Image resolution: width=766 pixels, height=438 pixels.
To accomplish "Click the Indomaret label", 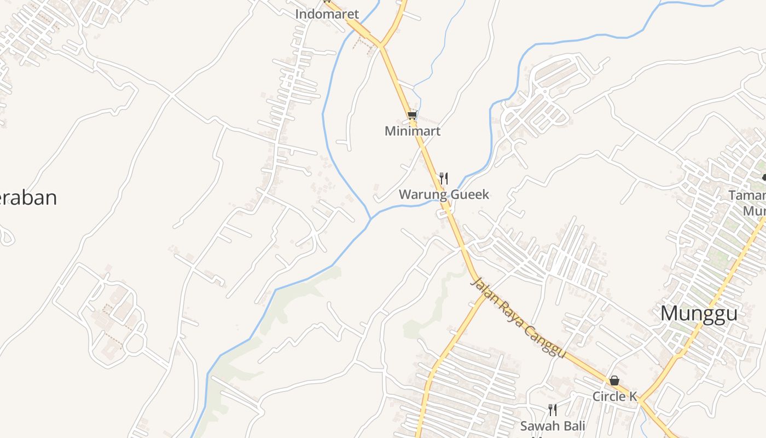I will point(327,14).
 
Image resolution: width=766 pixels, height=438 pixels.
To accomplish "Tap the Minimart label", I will point(413,131).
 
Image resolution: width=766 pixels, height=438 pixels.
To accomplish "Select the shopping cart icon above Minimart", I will point(413,115).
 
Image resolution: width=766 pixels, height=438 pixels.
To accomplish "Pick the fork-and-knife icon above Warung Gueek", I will point(444,178).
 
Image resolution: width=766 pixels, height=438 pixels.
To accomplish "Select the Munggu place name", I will point(699,314).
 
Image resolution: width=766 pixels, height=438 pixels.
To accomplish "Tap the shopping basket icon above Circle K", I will point(614,381).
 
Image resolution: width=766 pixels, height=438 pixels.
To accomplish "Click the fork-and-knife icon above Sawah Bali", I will point(553,410).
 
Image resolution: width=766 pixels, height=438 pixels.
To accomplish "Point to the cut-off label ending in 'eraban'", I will point(27,198).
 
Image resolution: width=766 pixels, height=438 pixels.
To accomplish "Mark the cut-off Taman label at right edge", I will point(747,195).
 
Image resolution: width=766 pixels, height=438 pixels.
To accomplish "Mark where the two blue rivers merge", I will point(371,218).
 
